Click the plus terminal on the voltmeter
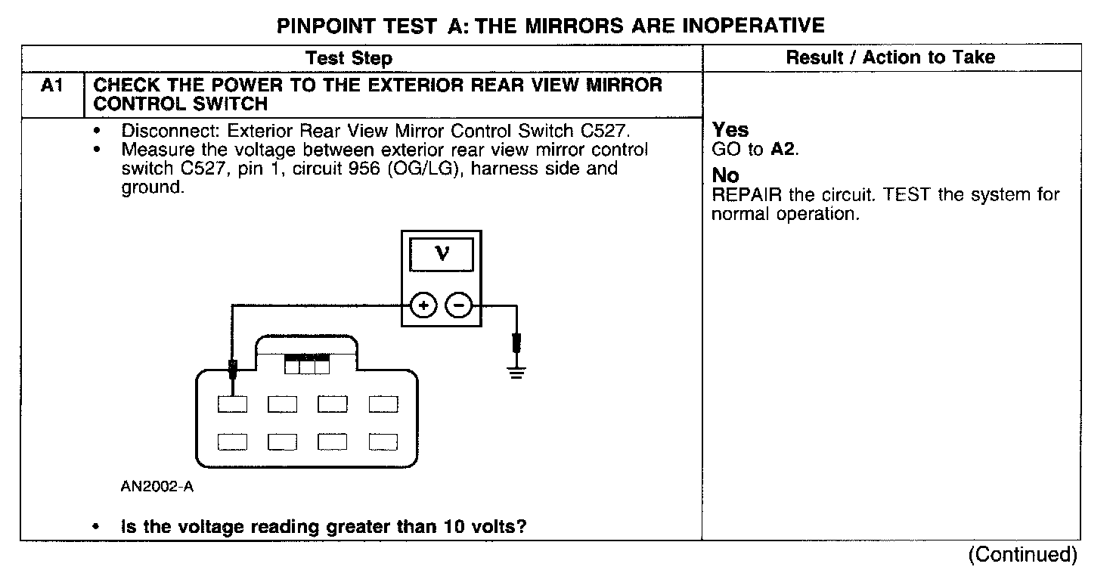tap(424, 305)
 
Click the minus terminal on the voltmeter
tap(458, 305)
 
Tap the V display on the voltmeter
tap(442, 255)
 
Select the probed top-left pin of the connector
tap(232, 404)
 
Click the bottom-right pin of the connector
tap(383, 441)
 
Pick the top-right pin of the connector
tap(383, 404)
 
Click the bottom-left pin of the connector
tap(232, 441)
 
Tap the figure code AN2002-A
tap(157, 487)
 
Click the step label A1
tap(51, 86)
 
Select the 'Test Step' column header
tap(349, 58)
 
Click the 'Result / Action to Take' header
tap(890, 57)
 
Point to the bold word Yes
tap(730, 130)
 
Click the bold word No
tap(726, 176)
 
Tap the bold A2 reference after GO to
tap(783, 150)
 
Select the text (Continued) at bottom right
tap(1022, 554)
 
